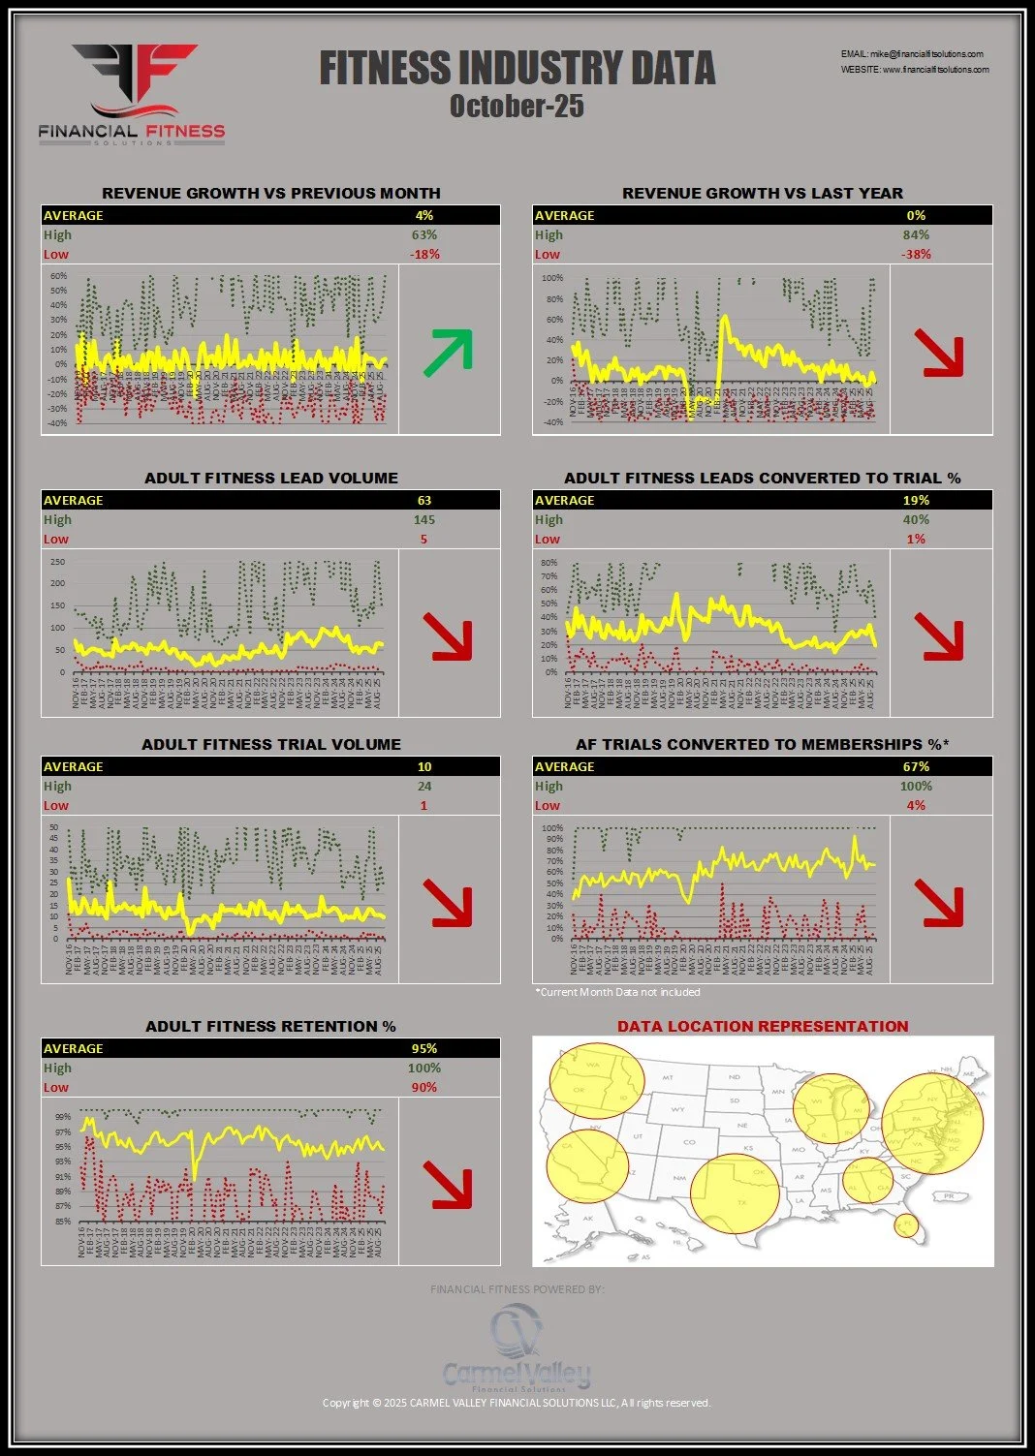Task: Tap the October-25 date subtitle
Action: coord(517,106)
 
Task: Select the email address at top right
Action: coord(912,54)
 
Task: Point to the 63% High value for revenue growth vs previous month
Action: coord(423,234)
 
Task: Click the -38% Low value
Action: coord(916,254)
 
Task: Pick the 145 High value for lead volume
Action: coord(423,519)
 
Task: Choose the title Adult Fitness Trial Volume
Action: coord(271,744)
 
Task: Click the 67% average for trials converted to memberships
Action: coord(916,766)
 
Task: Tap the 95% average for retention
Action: coord(423,1048)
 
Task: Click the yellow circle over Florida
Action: coord(905,1225)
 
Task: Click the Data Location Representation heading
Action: coord(763,1026)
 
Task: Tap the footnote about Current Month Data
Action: coord(617,992)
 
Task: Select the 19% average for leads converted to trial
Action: coord(916,500)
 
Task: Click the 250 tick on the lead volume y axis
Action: coord(57,562)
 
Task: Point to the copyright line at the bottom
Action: coord(517,1403)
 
